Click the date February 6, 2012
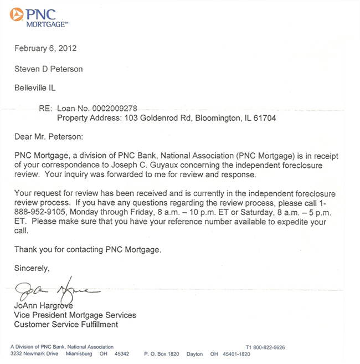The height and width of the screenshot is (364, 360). pyautogui.click(x=45, y=48)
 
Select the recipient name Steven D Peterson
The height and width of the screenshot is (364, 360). pyautogui.click(x=48, y=69)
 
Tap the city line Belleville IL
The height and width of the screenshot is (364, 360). pyautogui.click(x=35, y=88)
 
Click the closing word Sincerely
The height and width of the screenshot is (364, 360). pyautogui.click(x=32, y=268)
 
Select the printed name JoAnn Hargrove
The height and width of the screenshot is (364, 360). pyautogui.click(x=47, y=306)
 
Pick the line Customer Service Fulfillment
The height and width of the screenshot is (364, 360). pyautogui.click(x=66, y=324)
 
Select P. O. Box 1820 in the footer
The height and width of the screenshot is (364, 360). pyautogui.click(x=162, y=354)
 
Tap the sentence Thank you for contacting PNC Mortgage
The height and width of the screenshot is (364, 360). pyautogui.click(x=88, y=249)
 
